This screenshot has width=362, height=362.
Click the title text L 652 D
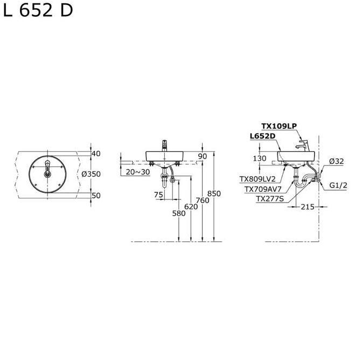pos(38,11)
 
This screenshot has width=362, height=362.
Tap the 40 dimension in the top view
pos(96,154)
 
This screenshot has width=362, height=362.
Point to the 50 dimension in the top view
pos(96,196)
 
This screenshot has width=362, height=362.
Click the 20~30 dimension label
pos(138,172)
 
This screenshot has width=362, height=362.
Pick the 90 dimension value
pos(203,156)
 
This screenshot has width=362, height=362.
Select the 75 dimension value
pos(158,194)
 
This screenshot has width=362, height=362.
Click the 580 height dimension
pos(179,213)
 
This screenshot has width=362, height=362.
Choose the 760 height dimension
pos(203,200)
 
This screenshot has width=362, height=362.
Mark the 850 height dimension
pos(214,194)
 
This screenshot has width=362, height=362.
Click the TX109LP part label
pos(279,126)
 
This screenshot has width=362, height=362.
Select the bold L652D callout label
pos(263,136)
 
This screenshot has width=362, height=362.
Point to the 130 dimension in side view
pos(260,158)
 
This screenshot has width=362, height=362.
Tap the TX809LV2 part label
pos(257,179)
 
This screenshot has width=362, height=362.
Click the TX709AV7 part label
pos(262,189)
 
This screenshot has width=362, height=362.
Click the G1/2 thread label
pos(338,185)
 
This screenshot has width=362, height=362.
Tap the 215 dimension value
pos(307,206)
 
